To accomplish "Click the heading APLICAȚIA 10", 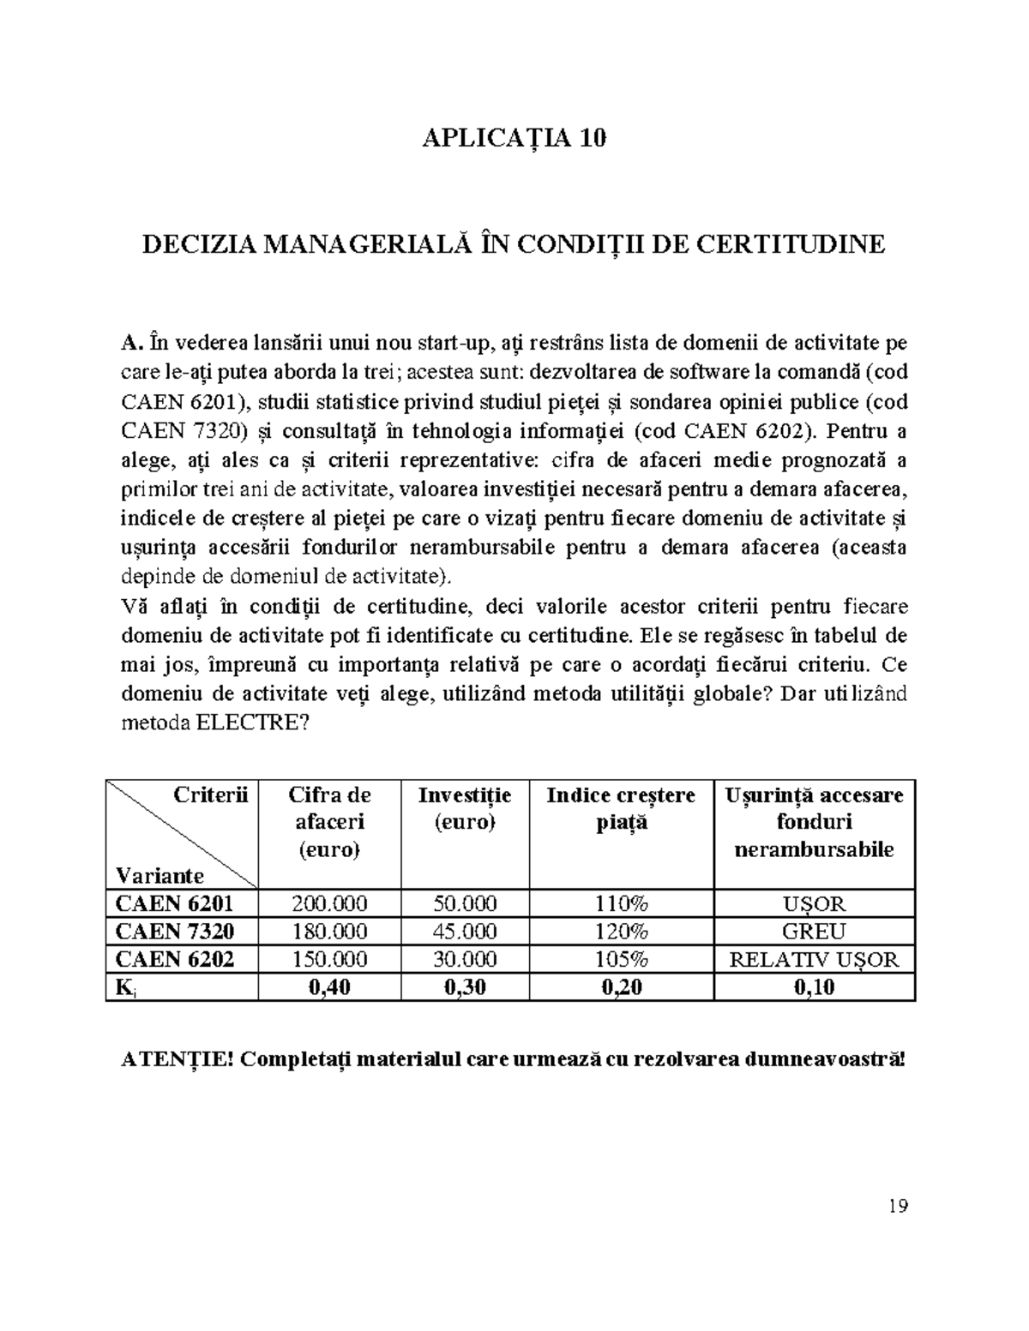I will click(514, 138).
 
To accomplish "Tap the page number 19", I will click(898, 1207).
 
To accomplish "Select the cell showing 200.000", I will click(329, 903).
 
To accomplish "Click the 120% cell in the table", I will click(621, 932).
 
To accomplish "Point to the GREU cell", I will click(814, 932).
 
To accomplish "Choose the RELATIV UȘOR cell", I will click(814, 960).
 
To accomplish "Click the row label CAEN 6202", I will click(174, 960).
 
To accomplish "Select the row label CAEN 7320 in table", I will click(174, 932).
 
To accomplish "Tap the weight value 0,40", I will click(329, 987).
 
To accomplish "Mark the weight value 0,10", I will click(814, 987).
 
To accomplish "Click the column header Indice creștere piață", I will click(621, 809).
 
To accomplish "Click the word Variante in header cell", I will click(159, 876).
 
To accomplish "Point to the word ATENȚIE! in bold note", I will click(174, 1058).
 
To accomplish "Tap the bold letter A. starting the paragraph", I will click(129, 344).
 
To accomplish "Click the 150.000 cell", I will click(329, 960).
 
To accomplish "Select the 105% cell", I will click(621, 960).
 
